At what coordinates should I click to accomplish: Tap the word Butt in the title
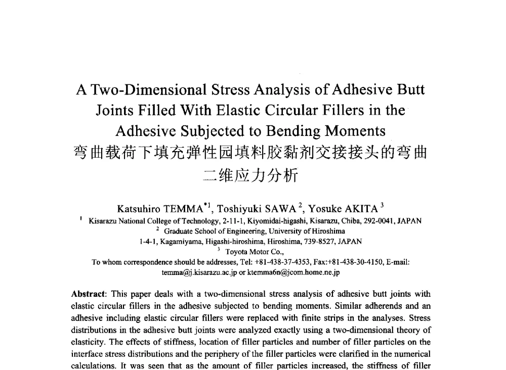click(408, 90)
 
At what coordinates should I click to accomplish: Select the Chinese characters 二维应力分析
click(250, 174)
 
